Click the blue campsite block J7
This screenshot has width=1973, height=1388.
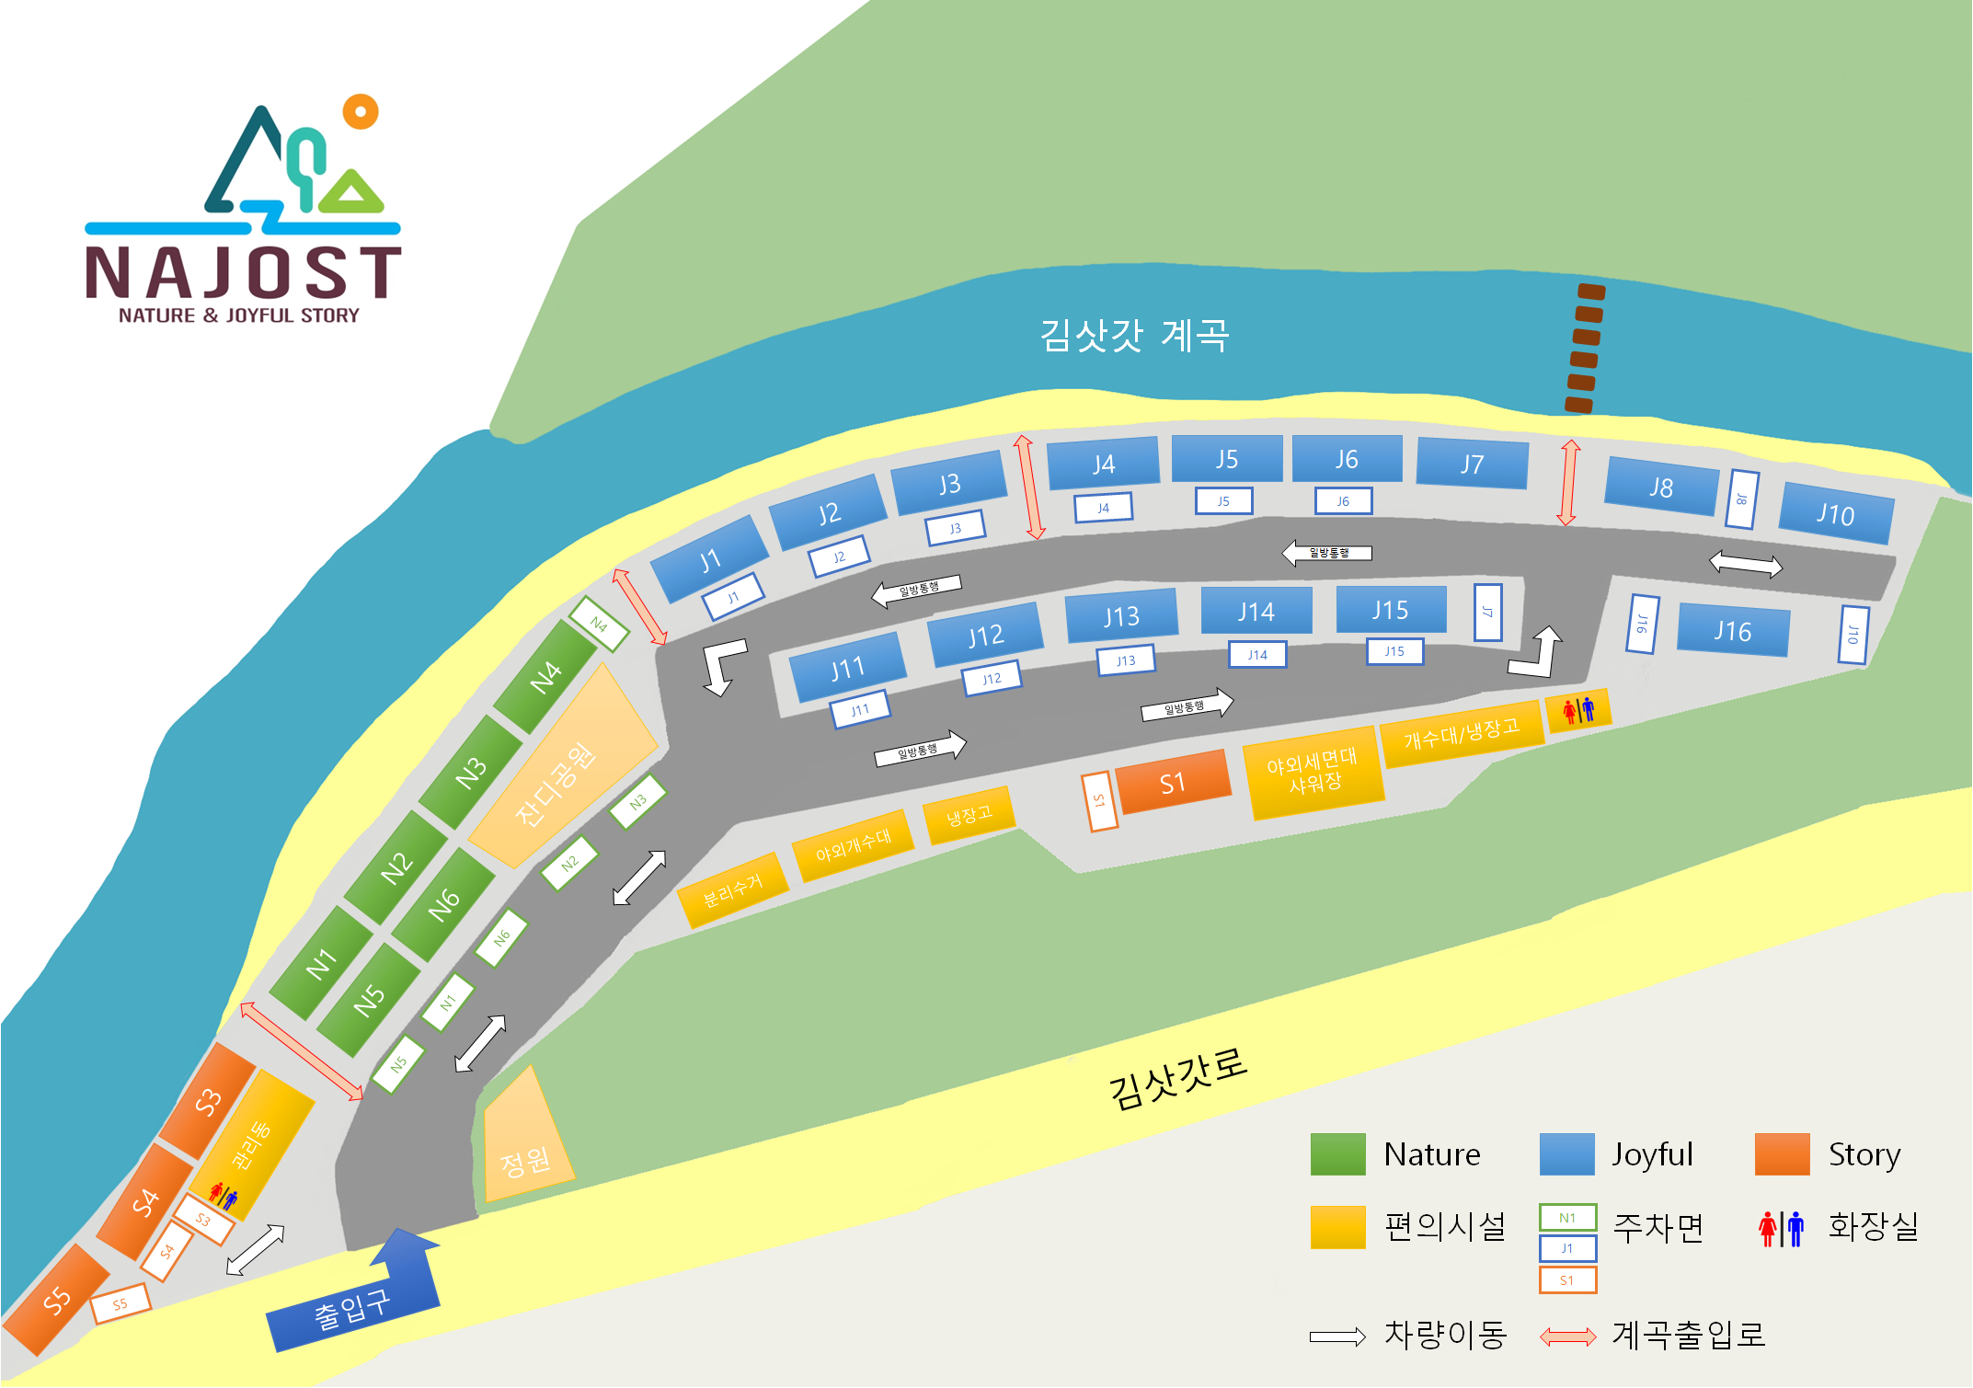(x=1472, y=464)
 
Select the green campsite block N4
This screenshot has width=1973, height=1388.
(x=545, y=677)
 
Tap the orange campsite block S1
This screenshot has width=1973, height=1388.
(x=1172, y=783)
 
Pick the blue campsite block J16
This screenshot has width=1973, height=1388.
(x=1732, y=631)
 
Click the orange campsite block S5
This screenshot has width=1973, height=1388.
(x=56, y=1300)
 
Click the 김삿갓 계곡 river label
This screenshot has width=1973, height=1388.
(x=1134, y=335)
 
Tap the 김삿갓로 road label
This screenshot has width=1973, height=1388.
(x=1177, y=1078)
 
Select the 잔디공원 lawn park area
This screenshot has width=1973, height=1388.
(x=561, y=773)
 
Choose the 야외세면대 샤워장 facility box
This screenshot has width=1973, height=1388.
(x=1313, y=772)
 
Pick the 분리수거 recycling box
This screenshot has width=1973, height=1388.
(x=732, y=890)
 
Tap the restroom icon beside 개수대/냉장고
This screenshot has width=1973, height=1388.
(x=1578, y=710)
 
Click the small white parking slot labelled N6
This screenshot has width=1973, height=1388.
(x=501, y=938)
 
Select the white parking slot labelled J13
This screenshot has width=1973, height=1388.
(x=1126, y=660)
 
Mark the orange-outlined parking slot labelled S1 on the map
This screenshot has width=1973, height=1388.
(x=1099, y=801)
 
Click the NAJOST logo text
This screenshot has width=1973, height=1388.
(x=243, y=273)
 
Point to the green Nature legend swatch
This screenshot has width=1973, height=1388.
(x=1337, y=1154)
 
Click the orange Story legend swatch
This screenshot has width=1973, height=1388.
(x=1782, y=1154)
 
